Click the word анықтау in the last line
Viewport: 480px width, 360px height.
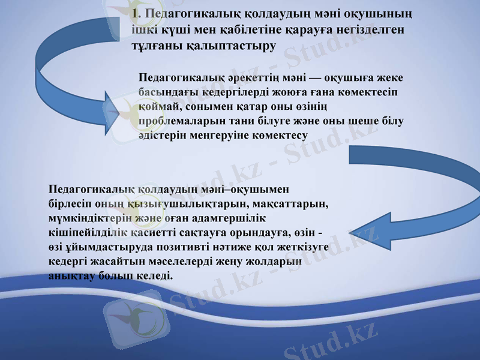click(70, 276)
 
